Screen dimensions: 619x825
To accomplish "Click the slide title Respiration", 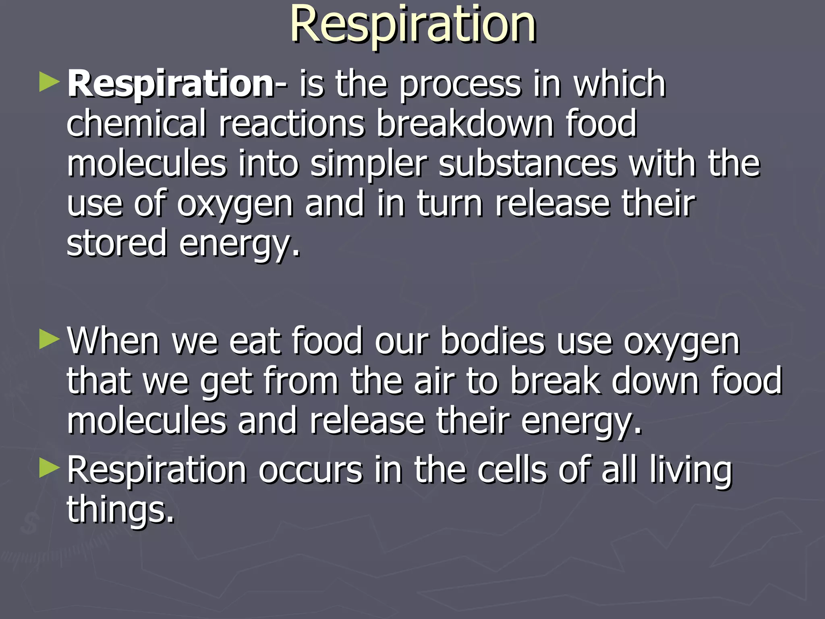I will tap(413, 25).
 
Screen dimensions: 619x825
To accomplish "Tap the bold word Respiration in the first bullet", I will tap(171, 84).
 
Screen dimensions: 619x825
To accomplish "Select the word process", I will tap(460, 85).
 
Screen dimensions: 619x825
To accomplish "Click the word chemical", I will tap(136, 123).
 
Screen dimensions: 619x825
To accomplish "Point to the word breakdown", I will tap(464, 123).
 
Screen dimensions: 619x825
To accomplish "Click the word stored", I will tap(116, 243).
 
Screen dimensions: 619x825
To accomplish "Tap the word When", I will tap(113, 341).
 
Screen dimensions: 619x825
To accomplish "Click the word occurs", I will tap(311, 470).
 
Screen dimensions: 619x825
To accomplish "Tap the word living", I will tap(690, 471).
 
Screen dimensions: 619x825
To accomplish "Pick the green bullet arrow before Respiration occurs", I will tap(49, 468).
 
